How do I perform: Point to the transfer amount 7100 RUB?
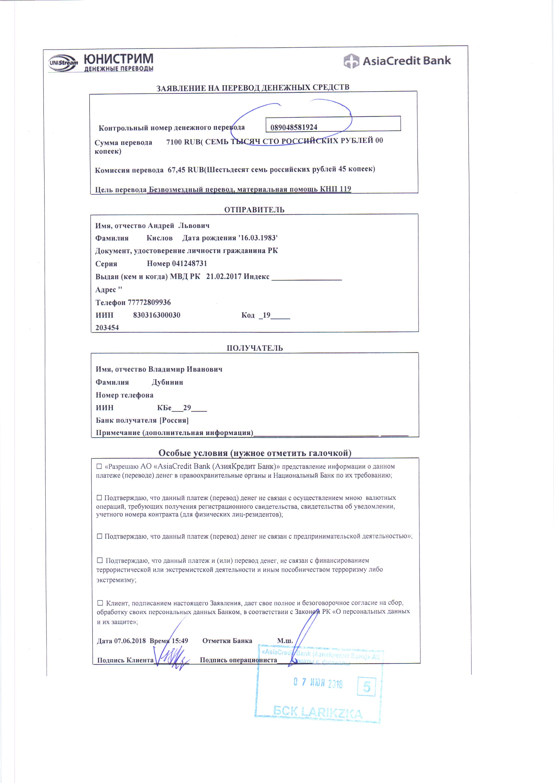click(184, 142)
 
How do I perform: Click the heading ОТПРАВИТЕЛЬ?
click(254, 210)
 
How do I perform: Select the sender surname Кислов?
click(159, 238)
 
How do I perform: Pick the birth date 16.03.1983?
click(259, 238)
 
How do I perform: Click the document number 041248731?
click(189, 263)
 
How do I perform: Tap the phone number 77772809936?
click(149, 302)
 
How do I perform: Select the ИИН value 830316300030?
click(157, 315)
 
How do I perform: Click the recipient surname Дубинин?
click(167, 382)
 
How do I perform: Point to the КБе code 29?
click(187, 408)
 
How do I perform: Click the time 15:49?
click(180, 641)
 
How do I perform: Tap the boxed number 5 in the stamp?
click(367, 687)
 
